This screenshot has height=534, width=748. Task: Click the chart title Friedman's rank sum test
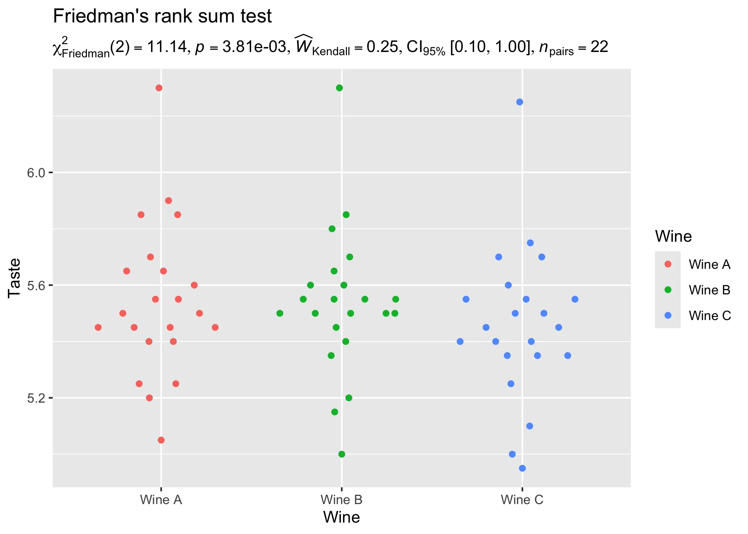click(162, 16)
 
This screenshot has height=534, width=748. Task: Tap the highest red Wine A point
click(159, 88)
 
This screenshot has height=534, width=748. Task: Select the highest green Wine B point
click(339, 88)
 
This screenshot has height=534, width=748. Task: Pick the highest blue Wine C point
click(520, 102)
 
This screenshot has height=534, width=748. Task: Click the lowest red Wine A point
click(161, 440)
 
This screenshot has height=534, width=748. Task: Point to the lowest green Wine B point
click(342, 454)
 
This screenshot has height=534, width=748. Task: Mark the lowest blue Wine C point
click(522, 468)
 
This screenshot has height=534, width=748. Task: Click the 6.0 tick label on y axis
click(36, 173)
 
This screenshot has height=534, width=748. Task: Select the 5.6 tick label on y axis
click(36, 286)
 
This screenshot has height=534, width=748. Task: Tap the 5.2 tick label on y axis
click(36, 398)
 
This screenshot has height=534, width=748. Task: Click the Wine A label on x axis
click(161, 500)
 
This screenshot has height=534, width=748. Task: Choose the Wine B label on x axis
click(342, 500)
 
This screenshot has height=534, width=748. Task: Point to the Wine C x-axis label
click(522, 500)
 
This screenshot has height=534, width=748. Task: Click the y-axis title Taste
click(15, 278)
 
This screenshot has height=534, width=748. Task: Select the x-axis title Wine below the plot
click(342, 517)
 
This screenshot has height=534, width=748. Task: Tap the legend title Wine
click(673, 236)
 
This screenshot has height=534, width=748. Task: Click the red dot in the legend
click(668, 264)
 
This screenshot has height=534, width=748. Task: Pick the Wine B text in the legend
click(710, 290)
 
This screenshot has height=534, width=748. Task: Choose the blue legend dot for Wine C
click(668, 315)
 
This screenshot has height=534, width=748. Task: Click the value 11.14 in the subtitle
click(167, 47)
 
